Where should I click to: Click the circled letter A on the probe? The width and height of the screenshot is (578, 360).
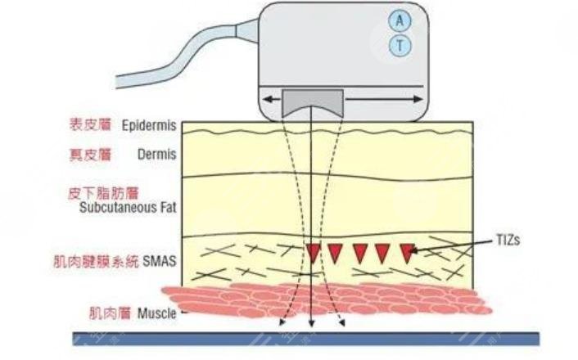[x=400, y=21]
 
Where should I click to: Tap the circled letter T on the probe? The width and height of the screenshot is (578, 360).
[x=400, y=46]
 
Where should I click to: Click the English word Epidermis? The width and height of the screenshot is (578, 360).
[x=149, y=127]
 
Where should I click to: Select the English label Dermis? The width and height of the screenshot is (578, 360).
[x=158, y=154]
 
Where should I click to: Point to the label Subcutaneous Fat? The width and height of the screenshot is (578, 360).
[x=129, y=207]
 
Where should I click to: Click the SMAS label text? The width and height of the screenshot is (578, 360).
[x=160, y=263]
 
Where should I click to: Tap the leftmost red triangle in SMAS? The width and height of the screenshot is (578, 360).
[x=313, y=252]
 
